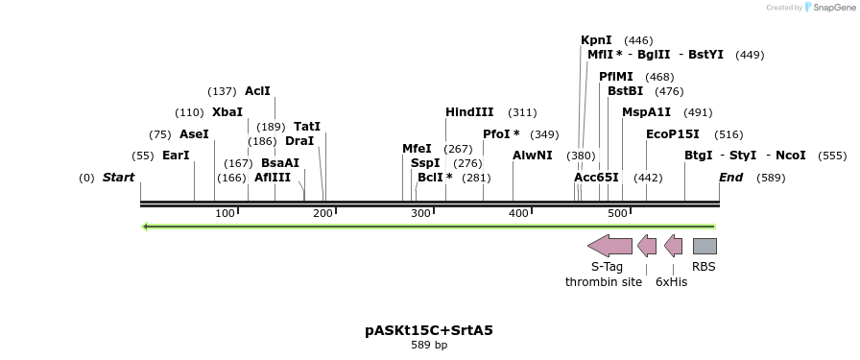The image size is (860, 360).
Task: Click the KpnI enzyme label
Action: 596,40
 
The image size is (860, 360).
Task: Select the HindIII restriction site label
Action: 469,112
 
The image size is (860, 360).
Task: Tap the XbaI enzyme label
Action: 227,112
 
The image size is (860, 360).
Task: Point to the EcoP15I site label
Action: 672,134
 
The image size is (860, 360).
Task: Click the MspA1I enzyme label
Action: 646,112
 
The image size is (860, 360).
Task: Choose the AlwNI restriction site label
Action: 533,156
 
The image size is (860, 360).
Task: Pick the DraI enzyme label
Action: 299,141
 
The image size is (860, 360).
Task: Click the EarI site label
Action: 176,156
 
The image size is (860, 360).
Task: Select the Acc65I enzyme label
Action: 596,178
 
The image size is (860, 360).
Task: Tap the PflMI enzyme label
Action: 616,77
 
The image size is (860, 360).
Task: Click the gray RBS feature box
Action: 705,247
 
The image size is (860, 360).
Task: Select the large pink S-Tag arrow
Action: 609,246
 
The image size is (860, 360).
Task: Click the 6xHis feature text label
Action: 672,282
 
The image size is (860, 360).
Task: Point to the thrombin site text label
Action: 604,282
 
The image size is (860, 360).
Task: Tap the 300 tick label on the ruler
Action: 420,213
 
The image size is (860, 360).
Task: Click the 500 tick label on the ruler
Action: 617,213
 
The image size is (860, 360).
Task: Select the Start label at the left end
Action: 118,178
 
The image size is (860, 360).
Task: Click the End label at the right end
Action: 731,178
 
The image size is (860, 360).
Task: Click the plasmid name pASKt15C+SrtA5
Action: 429,330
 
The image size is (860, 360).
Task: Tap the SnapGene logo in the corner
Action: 828,8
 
